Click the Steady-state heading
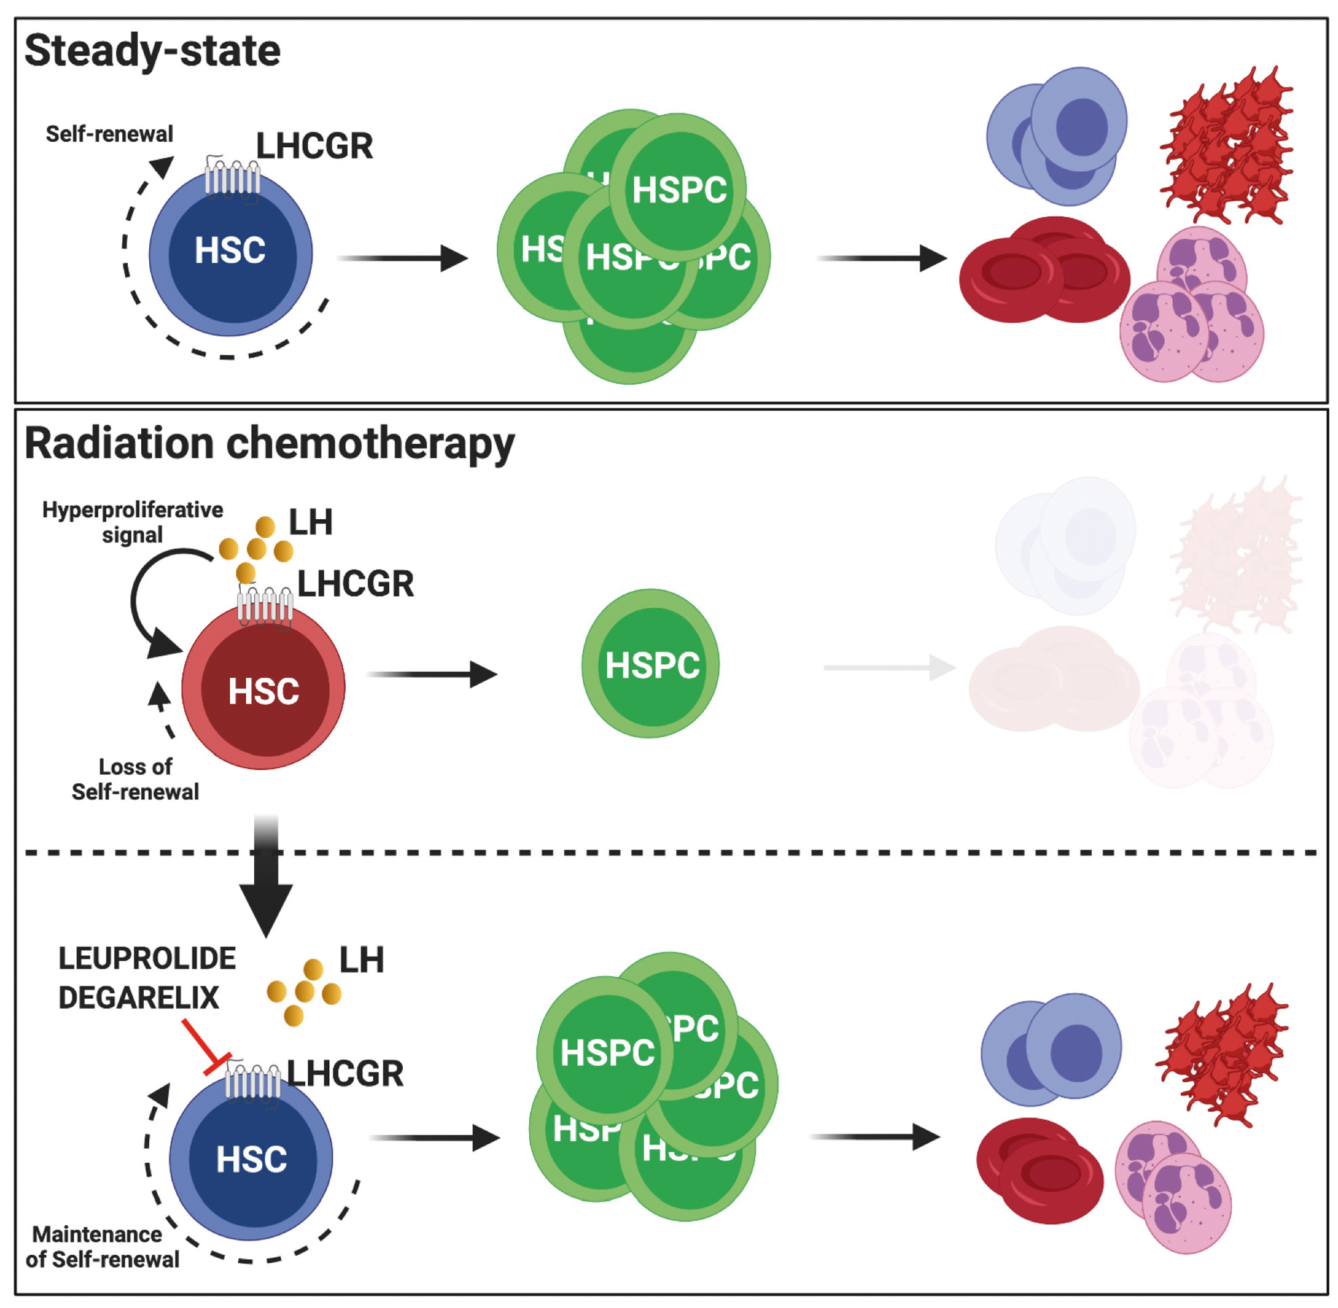[x=152, y=52]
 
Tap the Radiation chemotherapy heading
[x=269, y=444]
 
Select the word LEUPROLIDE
[x=147, y=958]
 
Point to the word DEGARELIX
[x=138, y=998]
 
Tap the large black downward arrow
[x=266, y=879]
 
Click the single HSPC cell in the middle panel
[x=650, y=664]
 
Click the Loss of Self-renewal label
[x=135, y=779]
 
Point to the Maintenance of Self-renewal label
[x=102, y=1247]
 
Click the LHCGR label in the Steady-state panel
[x=314, y=146]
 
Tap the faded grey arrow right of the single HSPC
[x=890, y=667]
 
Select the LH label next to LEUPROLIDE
[x=361, y=959]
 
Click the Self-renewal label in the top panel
[x=109, y=134]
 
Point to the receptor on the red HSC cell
[x=265, y=606]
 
